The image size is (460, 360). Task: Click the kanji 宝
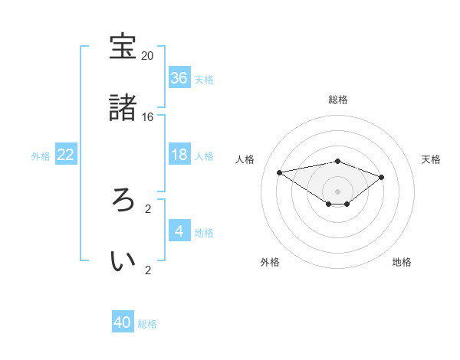123,47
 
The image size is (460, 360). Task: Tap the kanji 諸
123,108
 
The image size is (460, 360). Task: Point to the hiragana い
123,261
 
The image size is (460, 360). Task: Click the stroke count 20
148,56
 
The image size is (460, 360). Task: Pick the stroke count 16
148,117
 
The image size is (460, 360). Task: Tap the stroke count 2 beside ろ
148,208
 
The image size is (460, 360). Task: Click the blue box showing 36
179,78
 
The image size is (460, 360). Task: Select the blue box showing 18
179,155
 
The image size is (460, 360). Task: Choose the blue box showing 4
179,231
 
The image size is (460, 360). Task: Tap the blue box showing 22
66,155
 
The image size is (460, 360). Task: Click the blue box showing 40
123,322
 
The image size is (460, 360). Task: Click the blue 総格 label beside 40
148,324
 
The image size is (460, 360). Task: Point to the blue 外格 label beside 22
41,156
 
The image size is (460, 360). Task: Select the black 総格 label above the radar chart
337,100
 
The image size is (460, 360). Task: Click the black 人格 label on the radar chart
246,159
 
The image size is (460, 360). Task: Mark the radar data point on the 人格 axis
279,172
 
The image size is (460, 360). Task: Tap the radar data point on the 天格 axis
382,177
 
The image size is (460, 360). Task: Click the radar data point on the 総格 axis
337,161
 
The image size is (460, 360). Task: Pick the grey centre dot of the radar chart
337,191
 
